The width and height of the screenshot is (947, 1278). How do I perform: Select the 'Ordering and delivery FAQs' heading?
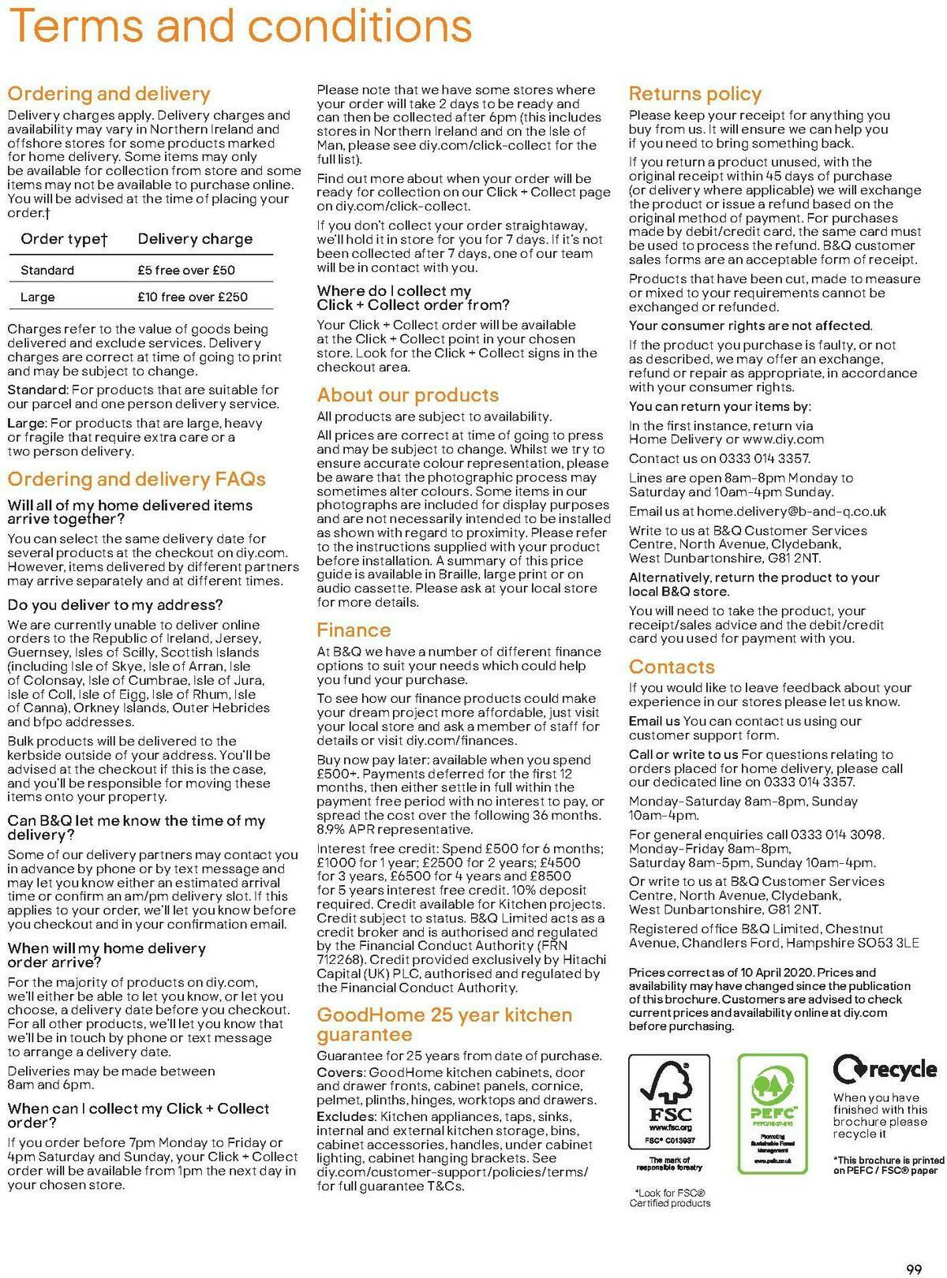(137, 479)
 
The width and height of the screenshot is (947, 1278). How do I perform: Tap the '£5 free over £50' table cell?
(186, 270)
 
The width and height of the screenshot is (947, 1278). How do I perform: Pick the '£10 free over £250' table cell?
(192, 297)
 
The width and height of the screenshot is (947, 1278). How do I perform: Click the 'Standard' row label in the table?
(47, 270)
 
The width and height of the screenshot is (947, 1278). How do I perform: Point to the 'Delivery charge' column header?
(195, 239)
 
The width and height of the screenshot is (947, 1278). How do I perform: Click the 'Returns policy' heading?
(694, 94)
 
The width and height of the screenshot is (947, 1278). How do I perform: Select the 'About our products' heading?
(407, 395)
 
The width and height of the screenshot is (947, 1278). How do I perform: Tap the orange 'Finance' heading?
(354, 630)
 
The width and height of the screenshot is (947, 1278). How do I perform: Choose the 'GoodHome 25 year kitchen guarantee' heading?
(444, 1024)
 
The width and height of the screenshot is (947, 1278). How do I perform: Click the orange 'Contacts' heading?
(672, 667)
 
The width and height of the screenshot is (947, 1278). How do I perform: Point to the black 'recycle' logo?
(885, 1070)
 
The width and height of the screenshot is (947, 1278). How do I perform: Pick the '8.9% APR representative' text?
(395, 829)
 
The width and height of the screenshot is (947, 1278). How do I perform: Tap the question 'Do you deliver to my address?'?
(115, 605)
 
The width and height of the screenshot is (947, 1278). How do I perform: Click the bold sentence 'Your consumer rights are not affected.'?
(750, 326)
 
